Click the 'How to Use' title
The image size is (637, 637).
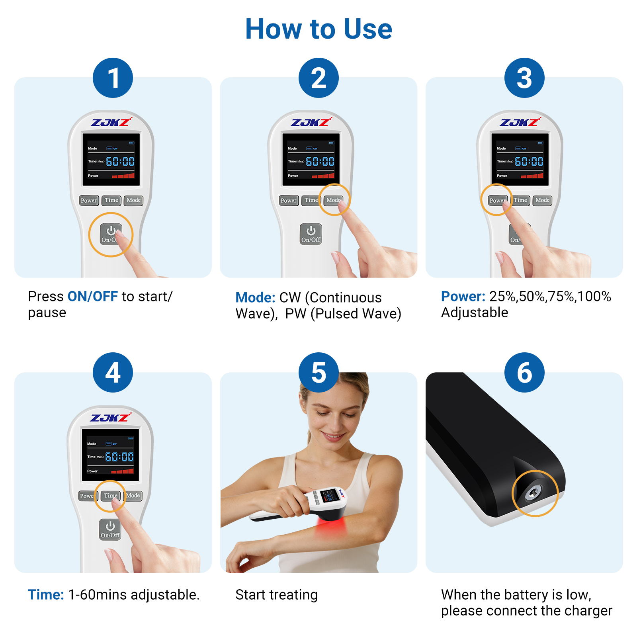(x=318, y=29)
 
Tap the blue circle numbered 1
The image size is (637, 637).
(x=113, y=78)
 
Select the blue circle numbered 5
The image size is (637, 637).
(x=318, y=373)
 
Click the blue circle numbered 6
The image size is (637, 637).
(x=524, y=373)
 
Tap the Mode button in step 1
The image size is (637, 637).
(x=133, y=200)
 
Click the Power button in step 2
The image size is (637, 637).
(x=288, y=201)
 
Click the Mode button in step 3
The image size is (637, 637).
(x=542, y=200)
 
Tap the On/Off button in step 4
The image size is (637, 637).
(x=110, y=530)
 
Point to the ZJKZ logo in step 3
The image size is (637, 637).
(x=520, y=122)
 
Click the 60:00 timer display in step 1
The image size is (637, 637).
(x=120, y=161)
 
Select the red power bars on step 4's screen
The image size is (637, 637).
(x=123, y=471)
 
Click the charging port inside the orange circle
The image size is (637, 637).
(x=532, y=494)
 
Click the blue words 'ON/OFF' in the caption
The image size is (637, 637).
(x=92, y=297)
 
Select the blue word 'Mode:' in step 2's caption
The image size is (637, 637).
(x=255, y=298)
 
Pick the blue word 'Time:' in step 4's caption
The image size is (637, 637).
(x=46, y=595)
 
